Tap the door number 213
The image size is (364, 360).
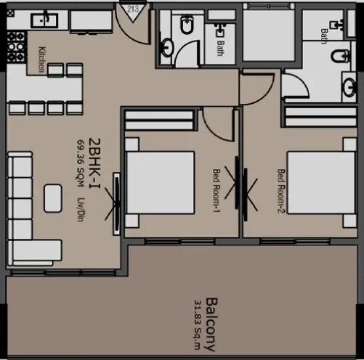[133, 9]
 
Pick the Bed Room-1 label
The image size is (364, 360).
[216, 190]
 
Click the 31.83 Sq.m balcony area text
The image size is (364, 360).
[197, 320]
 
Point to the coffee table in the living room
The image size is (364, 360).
[53, 198]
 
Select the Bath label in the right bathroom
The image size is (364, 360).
[324, 36]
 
